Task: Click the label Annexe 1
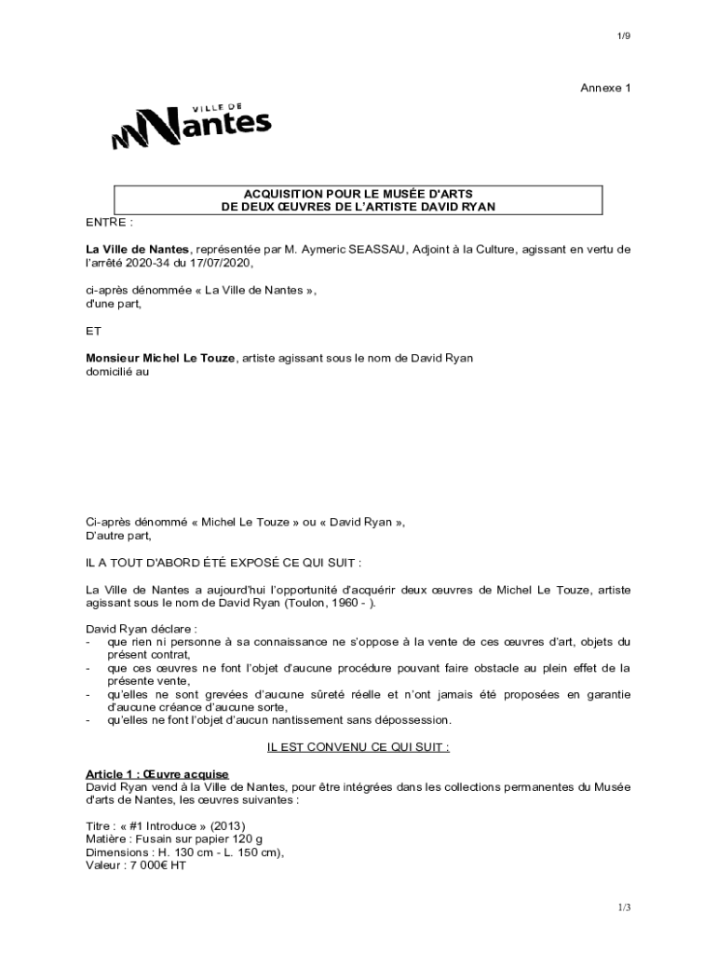605,88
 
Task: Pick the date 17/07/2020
221,264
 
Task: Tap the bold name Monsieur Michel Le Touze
161,358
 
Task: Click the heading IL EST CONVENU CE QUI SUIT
358,746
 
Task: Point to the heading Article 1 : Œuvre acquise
157,774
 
